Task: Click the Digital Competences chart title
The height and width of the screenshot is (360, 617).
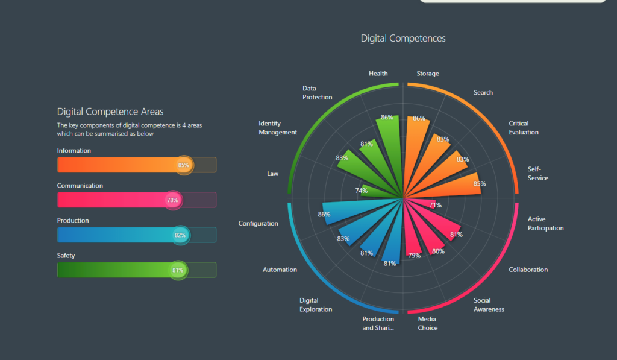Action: [x=403, y=38]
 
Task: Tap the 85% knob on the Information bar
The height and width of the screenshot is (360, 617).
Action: [x=184, y=165]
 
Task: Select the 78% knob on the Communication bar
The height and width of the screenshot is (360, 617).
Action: [x=172, y=200]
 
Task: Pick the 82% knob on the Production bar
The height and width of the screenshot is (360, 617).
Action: [x=180, y=235]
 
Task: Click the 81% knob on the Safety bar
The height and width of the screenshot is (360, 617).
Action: [x=178, y=270]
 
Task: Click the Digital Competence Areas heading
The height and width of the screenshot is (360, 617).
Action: [x=110, y=112]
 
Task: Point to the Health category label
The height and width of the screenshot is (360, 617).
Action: [x=378, y=74]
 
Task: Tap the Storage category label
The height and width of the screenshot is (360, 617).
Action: [x=428, y=74]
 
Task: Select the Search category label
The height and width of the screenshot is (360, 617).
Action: [x=483, y=93]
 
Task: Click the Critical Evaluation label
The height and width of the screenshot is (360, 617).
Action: [x=524, y=128]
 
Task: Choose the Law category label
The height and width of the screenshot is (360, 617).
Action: [x=273, y=174]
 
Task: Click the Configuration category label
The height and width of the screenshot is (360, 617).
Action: [x=258, y=224]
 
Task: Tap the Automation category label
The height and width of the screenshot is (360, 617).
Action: [x=280, y=270]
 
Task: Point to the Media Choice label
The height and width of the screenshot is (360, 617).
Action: [x=428, y=323]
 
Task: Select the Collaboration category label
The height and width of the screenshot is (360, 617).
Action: [x=528, y=270]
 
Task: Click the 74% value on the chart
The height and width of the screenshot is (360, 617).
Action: [x=362, y=191]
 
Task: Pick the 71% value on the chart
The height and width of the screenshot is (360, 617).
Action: [x=435, y=205]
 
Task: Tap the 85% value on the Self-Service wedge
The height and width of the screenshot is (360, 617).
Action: [x=480, y=183]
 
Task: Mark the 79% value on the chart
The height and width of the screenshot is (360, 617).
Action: [x=415, y=256]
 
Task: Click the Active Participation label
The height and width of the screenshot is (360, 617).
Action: [x=546, y=224]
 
